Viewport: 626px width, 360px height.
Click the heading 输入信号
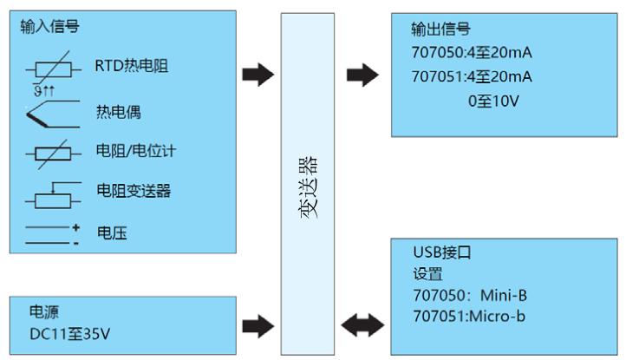coord(50,26)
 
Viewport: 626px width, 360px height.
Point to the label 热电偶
coord(118,112)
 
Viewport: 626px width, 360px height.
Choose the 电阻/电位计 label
coord(137,151)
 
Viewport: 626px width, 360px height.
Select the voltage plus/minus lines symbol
coord(52,234)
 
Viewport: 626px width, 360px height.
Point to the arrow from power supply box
coord(257,325)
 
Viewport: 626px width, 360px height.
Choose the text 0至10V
coord(492,101)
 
